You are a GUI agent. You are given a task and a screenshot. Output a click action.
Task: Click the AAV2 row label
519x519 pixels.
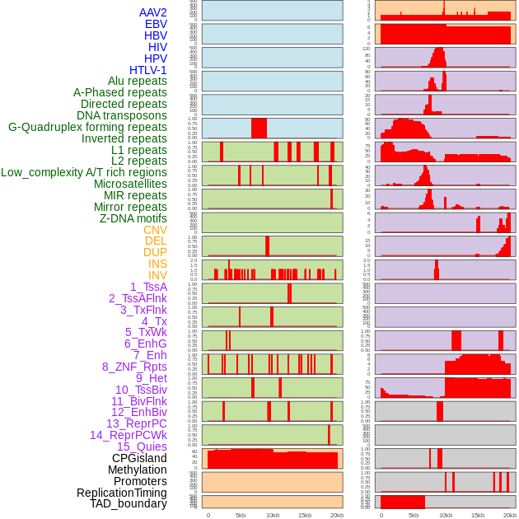[153, 12]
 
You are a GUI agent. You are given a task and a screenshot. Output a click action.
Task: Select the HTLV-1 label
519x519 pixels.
[148, 70]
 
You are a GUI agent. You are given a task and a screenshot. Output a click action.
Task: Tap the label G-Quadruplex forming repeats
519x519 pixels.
[87, 127]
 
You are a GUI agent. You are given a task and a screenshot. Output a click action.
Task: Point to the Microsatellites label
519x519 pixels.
[130, 184]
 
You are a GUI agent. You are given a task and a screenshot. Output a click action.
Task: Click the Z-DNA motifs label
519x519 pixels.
[133, 218]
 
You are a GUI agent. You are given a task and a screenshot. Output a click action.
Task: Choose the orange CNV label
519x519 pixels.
[155, 230]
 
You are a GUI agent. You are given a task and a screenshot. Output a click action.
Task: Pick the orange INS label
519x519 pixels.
[157, 264]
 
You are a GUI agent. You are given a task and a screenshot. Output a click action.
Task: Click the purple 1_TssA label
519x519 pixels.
[148, 287]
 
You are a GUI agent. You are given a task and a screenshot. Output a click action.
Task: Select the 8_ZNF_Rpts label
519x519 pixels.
[134, 367]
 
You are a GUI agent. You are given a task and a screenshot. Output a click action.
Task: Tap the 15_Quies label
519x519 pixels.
[142, 447]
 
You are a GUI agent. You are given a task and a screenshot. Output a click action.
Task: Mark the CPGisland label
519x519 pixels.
[139, 458]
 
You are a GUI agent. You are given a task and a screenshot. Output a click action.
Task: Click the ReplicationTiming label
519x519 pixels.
[121, 493]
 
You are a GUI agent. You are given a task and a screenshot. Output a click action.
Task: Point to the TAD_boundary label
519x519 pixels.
[129, 503]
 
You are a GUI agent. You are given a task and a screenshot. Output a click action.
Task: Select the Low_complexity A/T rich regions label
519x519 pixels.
[84, 172]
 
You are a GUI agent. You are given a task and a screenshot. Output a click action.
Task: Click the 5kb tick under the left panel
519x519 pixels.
[241, 515]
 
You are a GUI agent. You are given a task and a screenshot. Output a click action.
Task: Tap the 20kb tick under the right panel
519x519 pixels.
[510, 515]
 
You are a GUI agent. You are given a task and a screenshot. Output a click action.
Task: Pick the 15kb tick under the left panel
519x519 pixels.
[305, 515]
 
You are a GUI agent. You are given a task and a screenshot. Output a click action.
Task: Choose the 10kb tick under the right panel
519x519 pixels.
[446, 515]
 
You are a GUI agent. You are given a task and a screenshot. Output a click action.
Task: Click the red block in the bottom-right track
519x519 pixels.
[403, 502]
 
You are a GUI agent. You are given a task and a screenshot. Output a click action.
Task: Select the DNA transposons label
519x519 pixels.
[122, 115]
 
